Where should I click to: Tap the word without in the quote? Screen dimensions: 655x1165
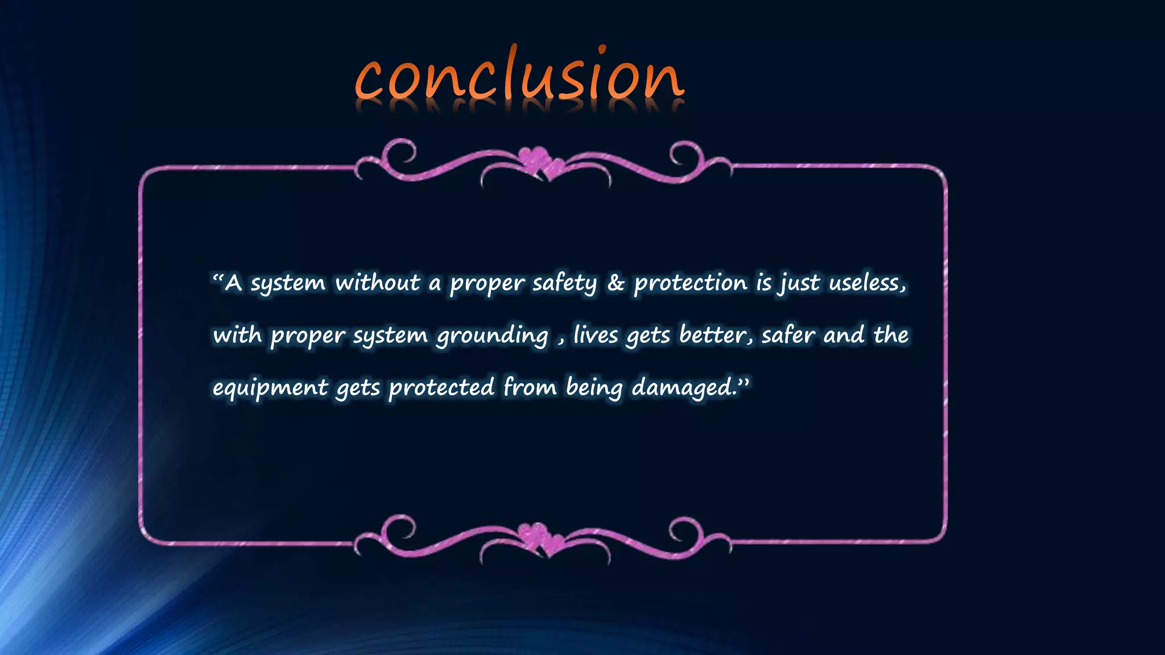tap(378, 283)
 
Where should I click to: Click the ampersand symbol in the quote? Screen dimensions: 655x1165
tap(615, 283)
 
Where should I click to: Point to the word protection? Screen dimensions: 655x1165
tap(691, 283)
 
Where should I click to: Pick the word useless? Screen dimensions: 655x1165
tap(866, 283)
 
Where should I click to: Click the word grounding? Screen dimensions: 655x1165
tap(492, 335)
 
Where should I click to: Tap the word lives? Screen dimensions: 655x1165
tap(596, 334)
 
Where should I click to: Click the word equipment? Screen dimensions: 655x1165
tap(270, 388)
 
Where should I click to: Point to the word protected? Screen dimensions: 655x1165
tap(441, 388)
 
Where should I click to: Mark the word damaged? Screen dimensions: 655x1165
tap(684, 388)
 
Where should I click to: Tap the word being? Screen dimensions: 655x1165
tap(594, 388)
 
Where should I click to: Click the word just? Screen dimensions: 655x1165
tap(800, 283)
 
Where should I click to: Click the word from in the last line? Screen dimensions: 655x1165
tap(530, 387)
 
